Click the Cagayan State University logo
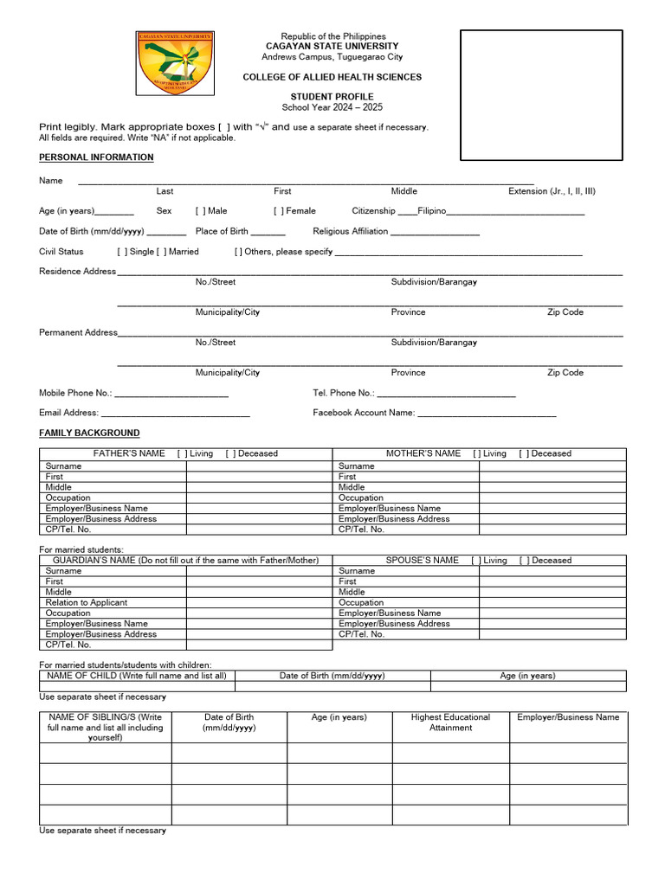click(175, 63)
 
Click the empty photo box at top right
click(541, 95)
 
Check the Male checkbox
click(201, 210)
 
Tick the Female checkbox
click(279, 210)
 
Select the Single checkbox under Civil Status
click(122, 252)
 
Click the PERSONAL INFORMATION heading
click(96, 157)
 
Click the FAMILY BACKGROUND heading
click(89, 433)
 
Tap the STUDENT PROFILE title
click(332, 97)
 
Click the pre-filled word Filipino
click(431, 210)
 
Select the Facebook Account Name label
click(364, 414)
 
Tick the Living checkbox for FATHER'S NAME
click(182, 453)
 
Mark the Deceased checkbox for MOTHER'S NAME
click(524, 453)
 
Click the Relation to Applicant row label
click(87, 602)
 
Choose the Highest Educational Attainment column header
click(450, 722)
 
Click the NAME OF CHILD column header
click(137, 676)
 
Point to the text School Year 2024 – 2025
click(332, 107)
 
